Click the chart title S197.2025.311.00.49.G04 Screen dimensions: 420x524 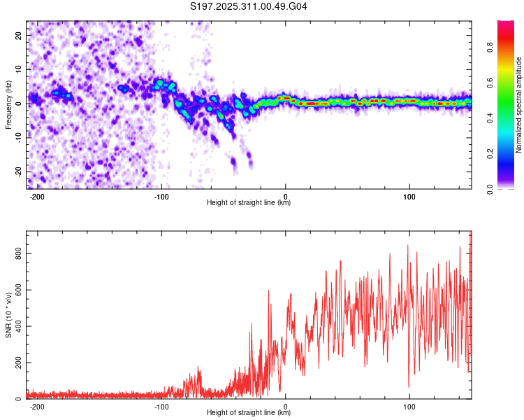(x=249, y=6)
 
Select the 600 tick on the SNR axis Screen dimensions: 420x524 (x=17, y=290)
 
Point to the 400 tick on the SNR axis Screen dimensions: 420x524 (x=17, y=326)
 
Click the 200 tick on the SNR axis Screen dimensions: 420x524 (x=17, y=363)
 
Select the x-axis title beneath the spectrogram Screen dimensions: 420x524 (x=249, y=203)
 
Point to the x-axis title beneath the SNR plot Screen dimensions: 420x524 (x=249, y=413)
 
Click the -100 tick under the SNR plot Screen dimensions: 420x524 (x=161, y=406)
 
